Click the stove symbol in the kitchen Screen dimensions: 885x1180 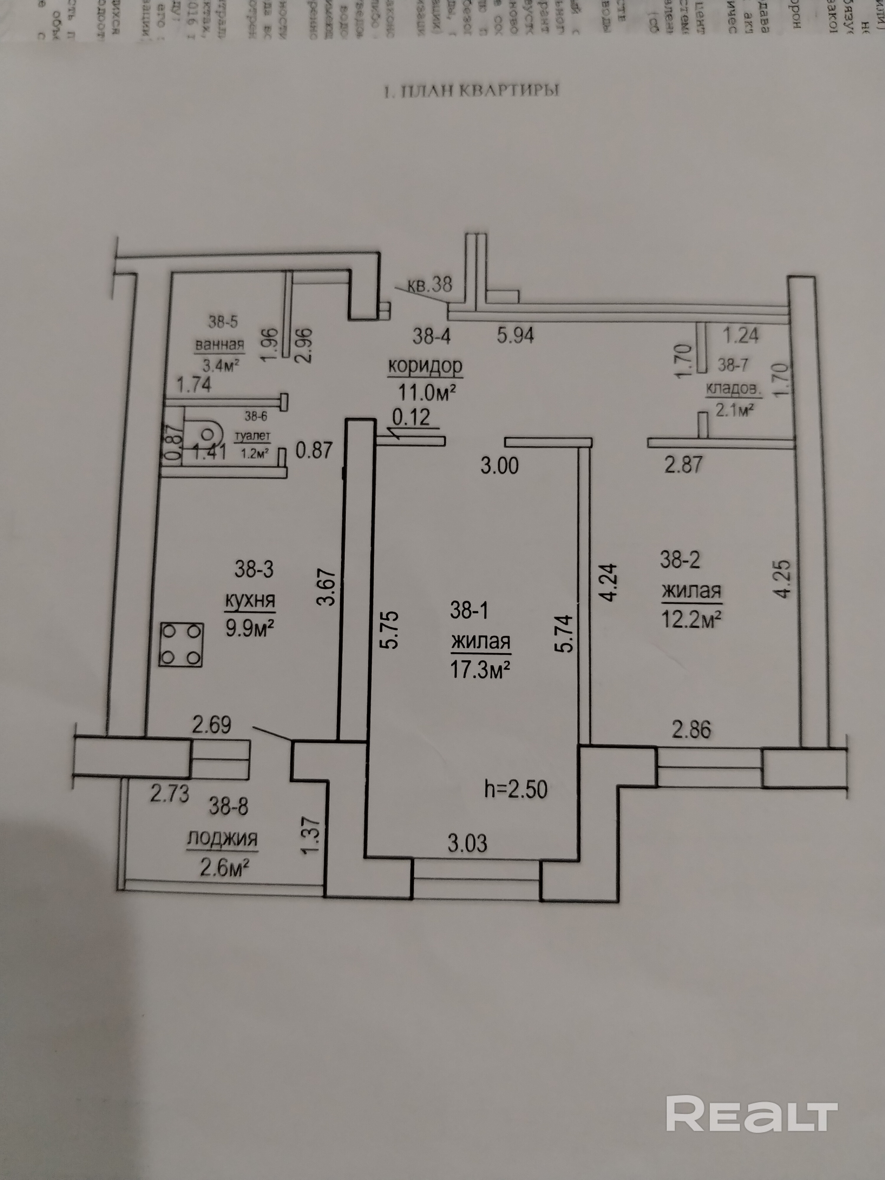(181, 645)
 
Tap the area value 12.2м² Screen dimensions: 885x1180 (691, 619)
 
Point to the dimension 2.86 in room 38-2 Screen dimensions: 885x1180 (691, 729)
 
